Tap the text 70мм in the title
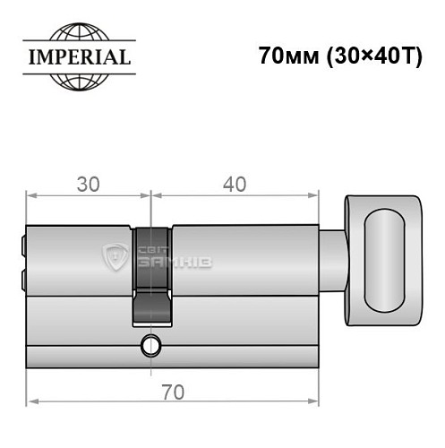pos(286,56)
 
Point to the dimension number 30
pos(88,184)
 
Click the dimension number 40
pos(235,184)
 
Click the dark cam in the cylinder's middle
pos(150,260)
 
